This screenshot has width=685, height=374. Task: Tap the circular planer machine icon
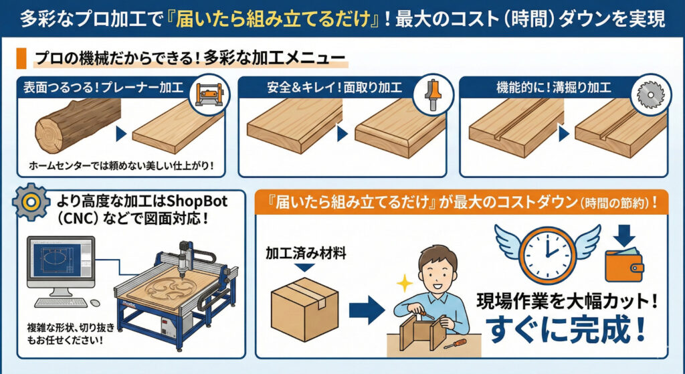click(211, 94)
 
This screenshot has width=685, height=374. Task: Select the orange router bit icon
click(433, 94)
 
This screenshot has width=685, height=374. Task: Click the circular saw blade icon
click(650, 94)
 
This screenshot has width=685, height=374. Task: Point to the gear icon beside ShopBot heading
click(31, 201)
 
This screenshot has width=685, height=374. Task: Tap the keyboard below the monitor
click(61, 302)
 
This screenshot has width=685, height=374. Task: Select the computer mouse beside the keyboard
click(95, 303)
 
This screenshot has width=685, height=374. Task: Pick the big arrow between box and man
click(367, 310)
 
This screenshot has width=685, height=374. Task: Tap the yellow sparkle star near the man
click(405, 283)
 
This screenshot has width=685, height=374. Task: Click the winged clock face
click(548, 254)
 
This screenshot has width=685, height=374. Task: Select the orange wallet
click(624, 266)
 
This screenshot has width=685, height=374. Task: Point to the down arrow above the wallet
click(624, 236)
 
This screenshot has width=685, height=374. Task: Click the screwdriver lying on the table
click(455, 343)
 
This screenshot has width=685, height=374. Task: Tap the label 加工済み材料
click(306, 252)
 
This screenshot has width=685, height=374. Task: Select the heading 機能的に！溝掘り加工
click(553, 88)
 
